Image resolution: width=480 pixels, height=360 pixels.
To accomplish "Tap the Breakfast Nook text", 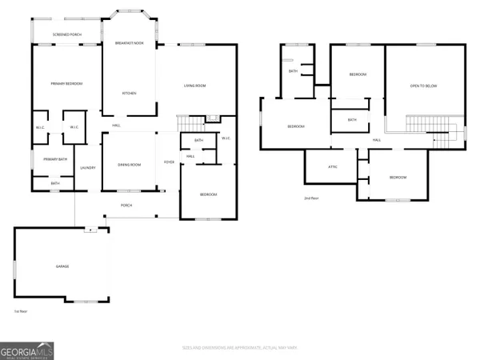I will pyautogui.click(x=129, y=42).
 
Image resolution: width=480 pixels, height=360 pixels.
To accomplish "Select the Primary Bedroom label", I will pyautogui.click(x=67, y=84).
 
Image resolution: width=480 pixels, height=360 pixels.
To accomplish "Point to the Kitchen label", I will pyautogui.click(x=129, y=94).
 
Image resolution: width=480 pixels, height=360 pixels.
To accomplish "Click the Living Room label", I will pyautogui.click(x=196, y=85).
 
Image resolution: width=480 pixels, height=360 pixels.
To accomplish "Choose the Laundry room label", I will pyautogui.click(x=88, y=167).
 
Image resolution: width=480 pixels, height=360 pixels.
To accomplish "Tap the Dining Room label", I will pyautogui.click(x=130, y=165).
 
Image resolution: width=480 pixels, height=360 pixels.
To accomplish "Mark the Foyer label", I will pyautogui.click(x=169, y=162).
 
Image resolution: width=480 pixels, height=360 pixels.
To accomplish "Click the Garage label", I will pyautogui.click(x=62, y=266).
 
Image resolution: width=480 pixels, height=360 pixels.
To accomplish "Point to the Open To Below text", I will pyautogui.click(x=425, y=86).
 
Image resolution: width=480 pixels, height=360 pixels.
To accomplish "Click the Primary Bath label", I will pyautogui.click(x=55, y=158).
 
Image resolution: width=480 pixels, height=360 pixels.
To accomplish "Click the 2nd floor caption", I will pyautogui.click(x=311, y=198).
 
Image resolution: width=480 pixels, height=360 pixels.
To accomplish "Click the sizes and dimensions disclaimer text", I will pyautogui.click(x=239, y=348).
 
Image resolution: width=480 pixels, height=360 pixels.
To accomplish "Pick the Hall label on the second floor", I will pyautogui.click(x=376, y=140).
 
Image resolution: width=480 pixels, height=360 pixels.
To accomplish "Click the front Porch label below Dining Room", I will pyautogui.click(x=126, y=205).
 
